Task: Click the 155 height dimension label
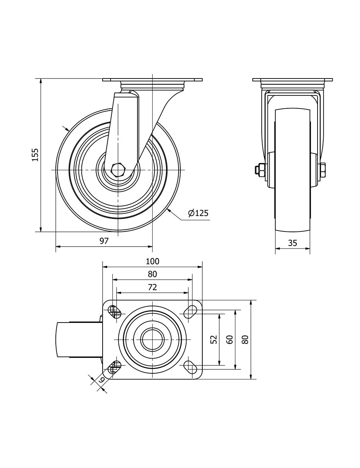tap(35, 155)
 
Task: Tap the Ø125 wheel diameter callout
tap(198, 213)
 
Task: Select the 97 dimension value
tap(104, 241)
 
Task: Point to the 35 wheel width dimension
tap(292, 243)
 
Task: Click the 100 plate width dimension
tap(152, 261)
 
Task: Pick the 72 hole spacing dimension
tap(152, 287)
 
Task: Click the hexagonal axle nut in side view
tap(117, 170)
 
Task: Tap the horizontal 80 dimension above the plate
tap(152, 274)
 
